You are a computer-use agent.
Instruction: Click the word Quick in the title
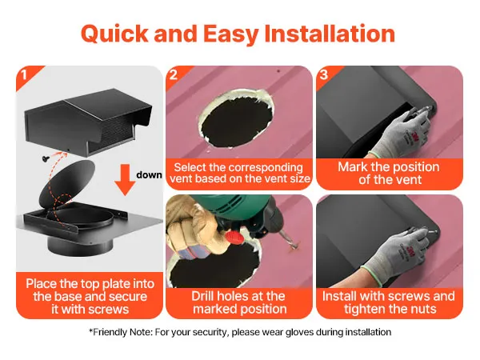pos(114,34)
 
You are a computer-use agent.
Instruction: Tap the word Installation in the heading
pos(330,33)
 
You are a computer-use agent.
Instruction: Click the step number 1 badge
pos(24,75)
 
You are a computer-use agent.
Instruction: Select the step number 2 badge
pos(174,74)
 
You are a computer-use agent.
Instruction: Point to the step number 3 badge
pos(323,74)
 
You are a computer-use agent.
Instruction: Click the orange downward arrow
pos(125,180)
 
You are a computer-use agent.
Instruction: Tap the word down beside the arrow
pos(149,174)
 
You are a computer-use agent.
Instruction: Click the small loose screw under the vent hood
pos(46,158)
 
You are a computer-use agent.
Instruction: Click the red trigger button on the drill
pos(234,236)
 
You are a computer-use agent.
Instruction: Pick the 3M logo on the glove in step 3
pos(414,135)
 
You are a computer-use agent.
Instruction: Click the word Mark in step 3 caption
pos(353,167)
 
